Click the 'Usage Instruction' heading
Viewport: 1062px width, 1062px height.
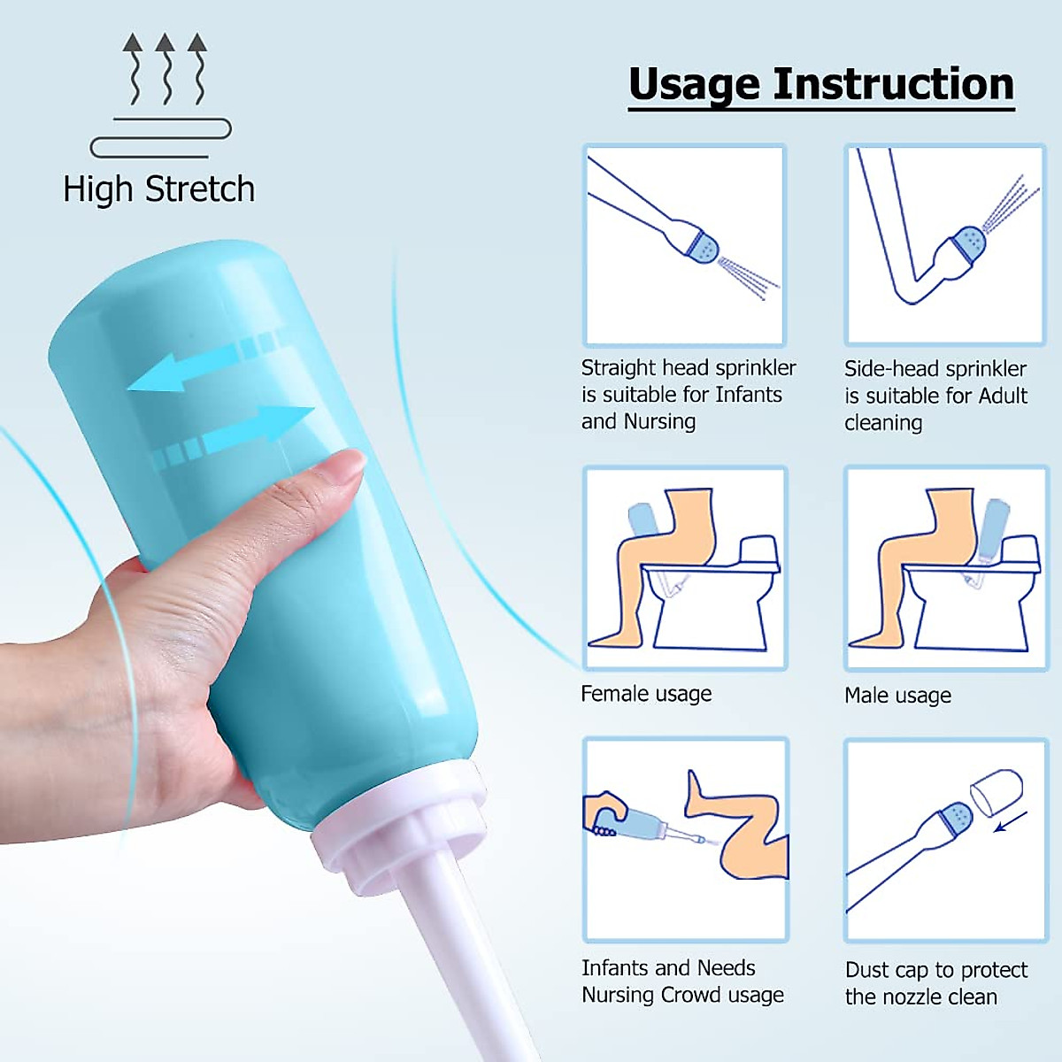(820, 85)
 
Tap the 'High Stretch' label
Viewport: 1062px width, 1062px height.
(159, 189)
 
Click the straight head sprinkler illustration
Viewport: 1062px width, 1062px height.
(684, 244)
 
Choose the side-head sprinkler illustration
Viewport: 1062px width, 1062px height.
(944, 244)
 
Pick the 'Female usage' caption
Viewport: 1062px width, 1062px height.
(646, 694)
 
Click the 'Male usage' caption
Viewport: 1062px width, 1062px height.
(897, 696)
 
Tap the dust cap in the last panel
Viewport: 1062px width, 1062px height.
(997, 789)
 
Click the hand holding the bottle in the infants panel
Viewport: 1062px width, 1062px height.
(605, 814)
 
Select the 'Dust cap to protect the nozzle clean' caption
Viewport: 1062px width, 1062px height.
(935, 983)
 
